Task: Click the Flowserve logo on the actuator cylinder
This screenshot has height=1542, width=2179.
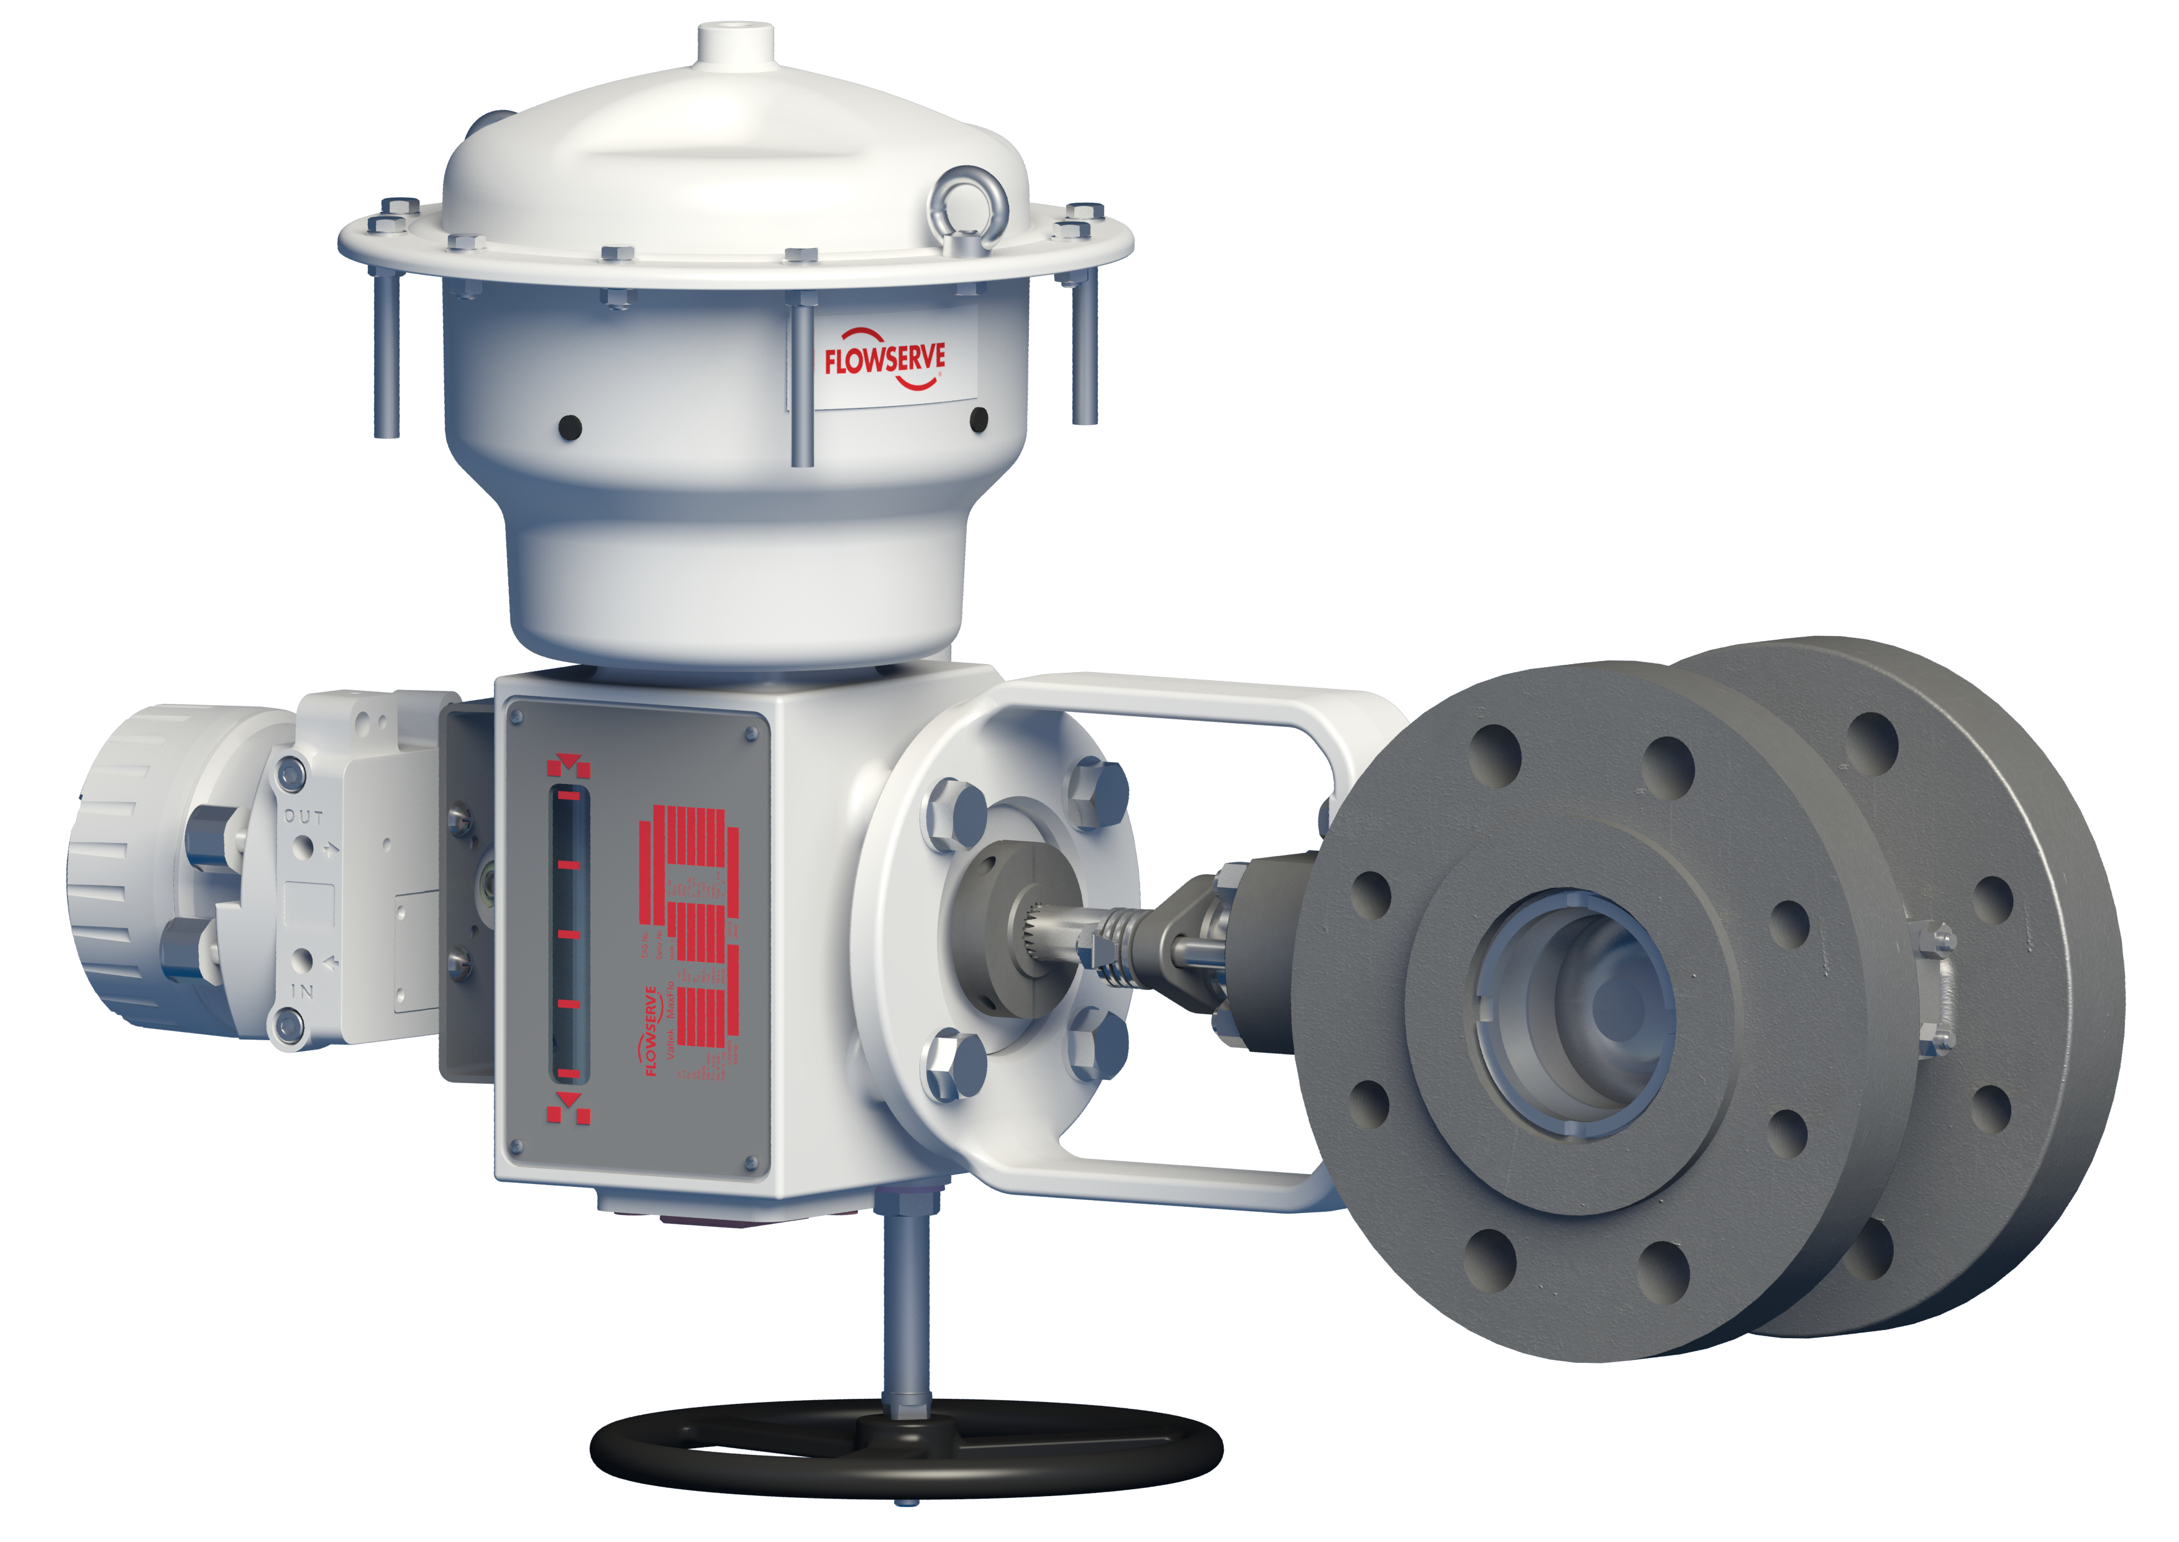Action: coord(885,359)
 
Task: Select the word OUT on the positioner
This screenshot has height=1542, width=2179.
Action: coord(304,816)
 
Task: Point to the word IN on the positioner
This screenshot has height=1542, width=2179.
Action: coord(302,991)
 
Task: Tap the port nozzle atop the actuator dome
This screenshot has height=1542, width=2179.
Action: coord(736,43)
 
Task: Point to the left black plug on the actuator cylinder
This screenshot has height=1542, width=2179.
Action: coord(569,427)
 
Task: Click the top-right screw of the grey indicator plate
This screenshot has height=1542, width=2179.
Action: coord(752,733)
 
